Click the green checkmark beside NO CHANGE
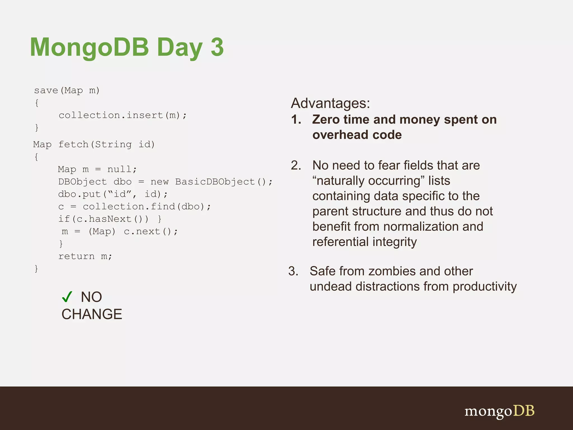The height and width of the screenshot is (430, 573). coord(67,297)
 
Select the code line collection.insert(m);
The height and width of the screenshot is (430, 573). coord(123,115)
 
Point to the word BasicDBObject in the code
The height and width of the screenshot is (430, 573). coord(215,182)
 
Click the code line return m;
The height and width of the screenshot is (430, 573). coord(85,256)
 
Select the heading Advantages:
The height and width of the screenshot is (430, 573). coord(330,103)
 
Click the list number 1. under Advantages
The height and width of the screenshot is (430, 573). coord(296,120)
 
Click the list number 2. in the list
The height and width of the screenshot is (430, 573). coord(296,165)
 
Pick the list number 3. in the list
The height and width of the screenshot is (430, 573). coord(293,271)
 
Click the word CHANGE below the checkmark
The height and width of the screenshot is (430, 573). coord(92,314)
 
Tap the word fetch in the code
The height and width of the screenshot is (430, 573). coord(73,144)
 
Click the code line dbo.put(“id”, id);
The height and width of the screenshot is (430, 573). coord(113,194)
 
